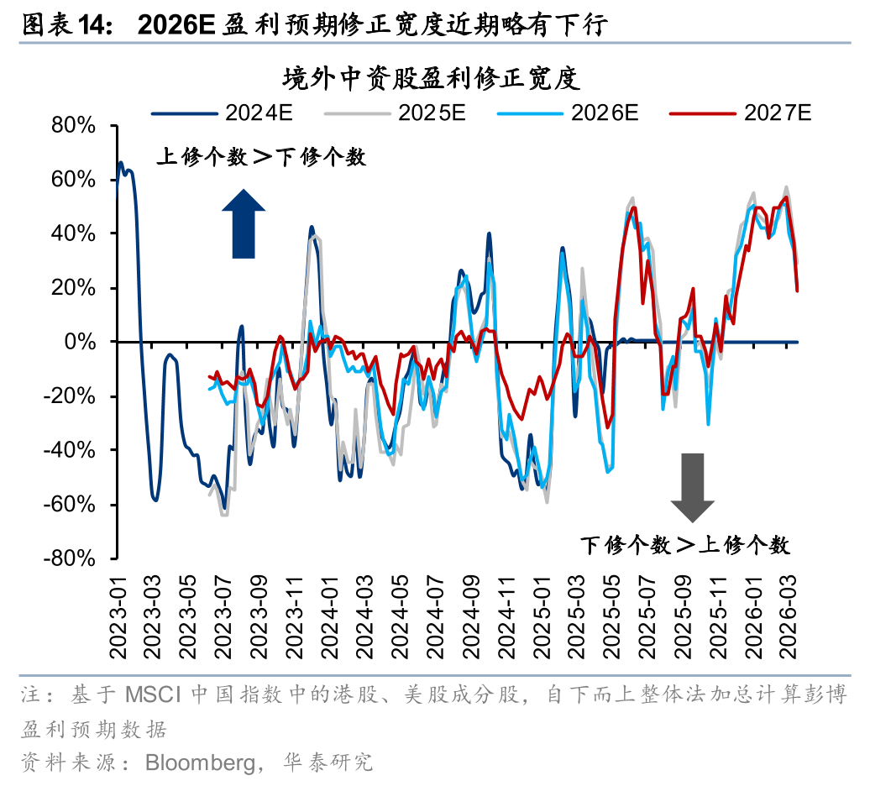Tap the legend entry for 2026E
click(x=566, y=113)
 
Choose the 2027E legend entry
click(x=738, y=113)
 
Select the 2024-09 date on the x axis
click(x=470, y=613)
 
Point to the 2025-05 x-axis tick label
click(x=613, y=613)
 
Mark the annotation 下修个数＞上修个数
click(x=685, y=545)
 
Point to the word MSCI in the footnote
click(x=155, y=695)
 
